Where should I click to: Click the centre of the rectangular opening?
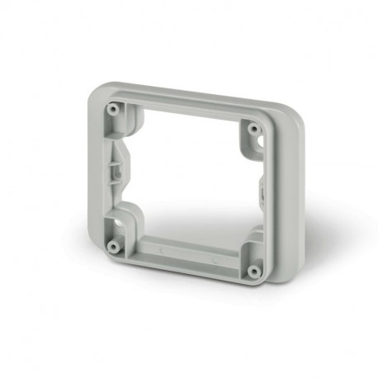(185, 177)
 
